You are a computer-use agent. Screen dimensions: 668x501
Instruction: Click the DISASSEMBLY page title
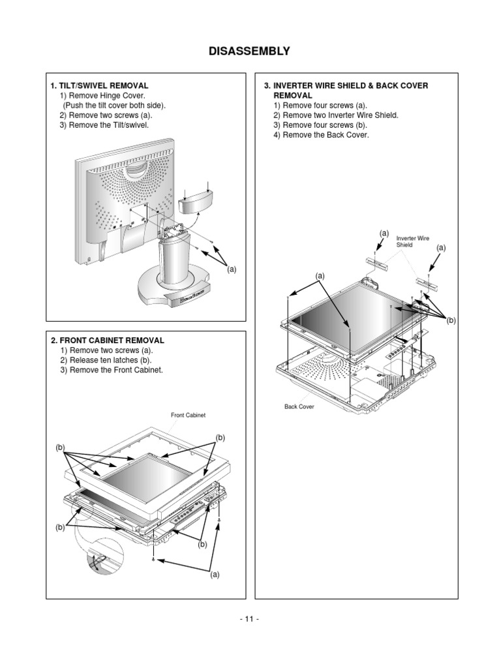[x=250, y=52]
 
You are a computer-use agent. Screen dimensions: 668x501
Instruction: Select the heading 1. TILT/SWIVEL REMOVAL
[x=99, y=85]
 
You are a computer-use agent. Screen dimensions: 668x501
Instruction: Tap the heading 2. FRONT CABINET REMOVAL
[x=107, y=341]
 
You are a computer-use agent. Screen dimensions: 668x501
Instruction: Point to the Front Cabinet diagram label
[x=189, y=415]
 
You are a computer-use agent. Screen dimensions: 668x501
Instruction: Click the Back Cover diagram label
[x=299, y=406]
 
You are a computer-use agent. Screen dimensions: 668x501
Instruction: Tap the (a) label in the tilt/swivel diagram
[x=232, y=269]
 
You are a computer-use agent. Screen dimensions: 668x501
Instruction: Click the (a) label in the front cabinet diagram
[x=215, y=575]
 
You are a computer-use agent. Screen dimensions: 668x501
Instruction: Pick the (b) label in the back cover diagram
[x=451, y=320]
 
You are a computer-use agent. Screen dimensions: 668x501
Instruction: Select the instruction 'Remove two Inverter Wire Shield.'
[x=336, y=115]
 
